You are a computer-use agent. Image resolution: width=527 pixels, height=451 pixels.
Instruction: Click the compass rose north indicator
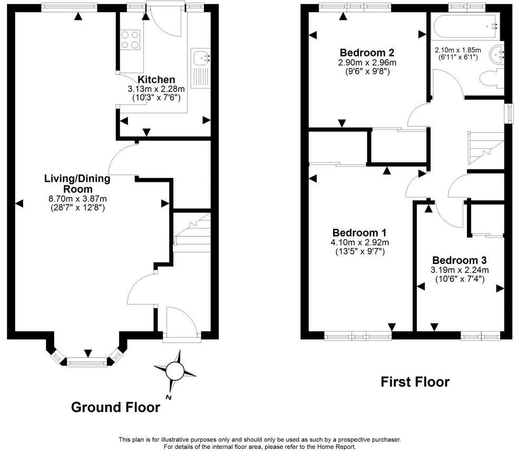(x=174, y=371)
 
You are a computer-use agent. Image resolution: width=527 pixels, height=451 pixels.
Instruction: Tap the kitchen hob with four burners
(x=131, y=40)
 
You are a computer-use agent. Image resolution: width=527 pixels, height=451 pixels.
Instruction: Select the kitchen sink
(x=200, y=56)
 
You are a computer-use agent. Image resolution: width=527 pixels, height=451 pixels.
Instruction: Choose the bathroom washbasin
(x=497, y=53)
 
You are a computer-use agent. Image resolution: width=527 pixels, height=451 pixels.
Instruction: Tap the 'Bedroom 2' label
(x=367, y=53)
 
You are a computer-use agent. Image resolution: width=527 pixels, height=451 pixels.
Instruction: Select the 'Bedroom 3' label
(x=459, y=260)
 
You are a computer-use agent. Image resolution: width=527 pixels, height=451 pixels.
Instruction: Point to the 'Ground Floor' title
(x=115, y=407)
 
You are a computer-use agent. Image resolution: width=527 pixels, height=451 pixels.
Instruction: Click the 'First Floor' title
(x=415, y=382)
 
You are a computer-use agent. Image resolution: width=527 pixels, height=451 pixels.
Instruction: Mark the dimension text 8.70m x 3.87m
(x=77, y=199)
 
